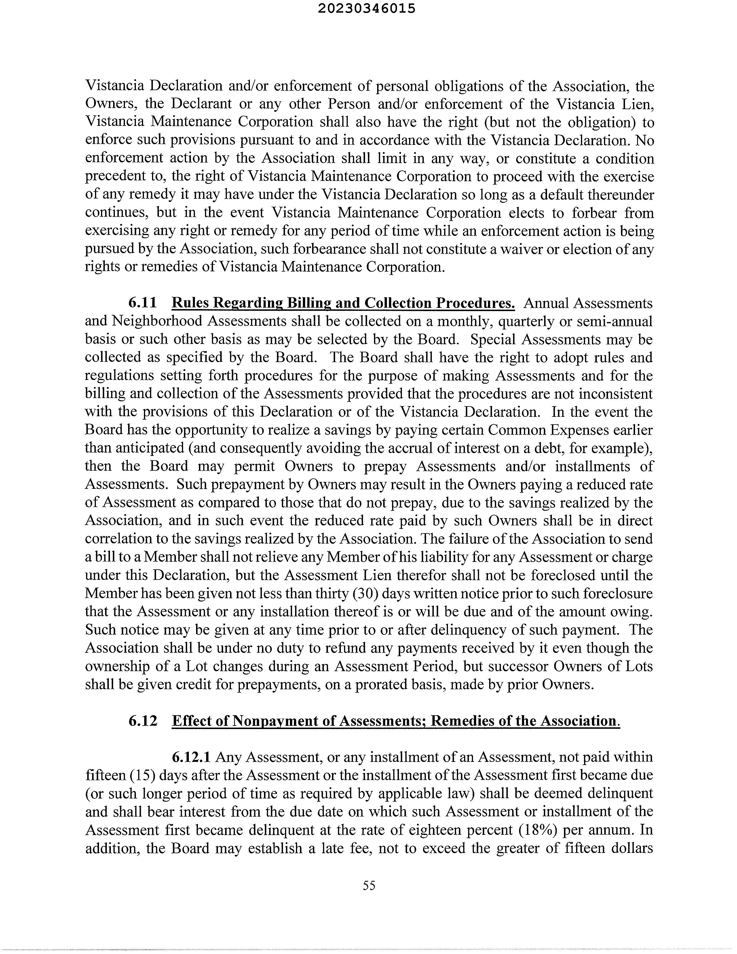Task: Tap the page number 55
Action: click(369, 885)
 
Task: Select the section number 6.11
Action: click(142, 303)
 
